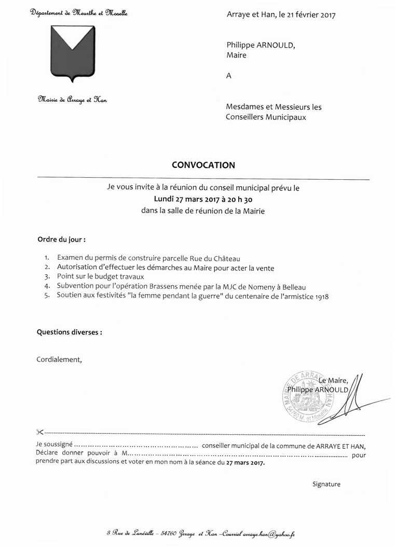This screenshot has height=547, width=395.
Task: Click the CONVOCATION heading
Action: (203, 165)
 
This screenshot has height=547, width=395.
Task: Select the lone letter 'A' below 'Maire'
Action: (228, 76)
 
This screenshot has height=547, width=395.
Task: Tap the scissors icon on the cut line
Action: (40, 432)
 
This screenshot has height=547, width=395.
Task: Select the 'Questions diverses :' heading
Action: (69, 332)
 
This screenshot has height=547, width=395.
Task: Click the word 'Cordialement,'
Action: (59, 359)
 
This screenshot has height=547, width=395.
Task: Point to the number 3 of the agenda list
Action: (47, 277)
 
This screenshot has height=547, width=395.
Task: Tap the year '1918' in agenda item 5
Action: (321, 297)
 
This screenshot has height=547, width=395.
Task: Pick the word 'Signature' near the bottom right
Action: (326, 484)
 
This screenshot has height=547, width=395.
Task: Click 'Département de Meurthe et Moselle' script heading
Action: (79, 12)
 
